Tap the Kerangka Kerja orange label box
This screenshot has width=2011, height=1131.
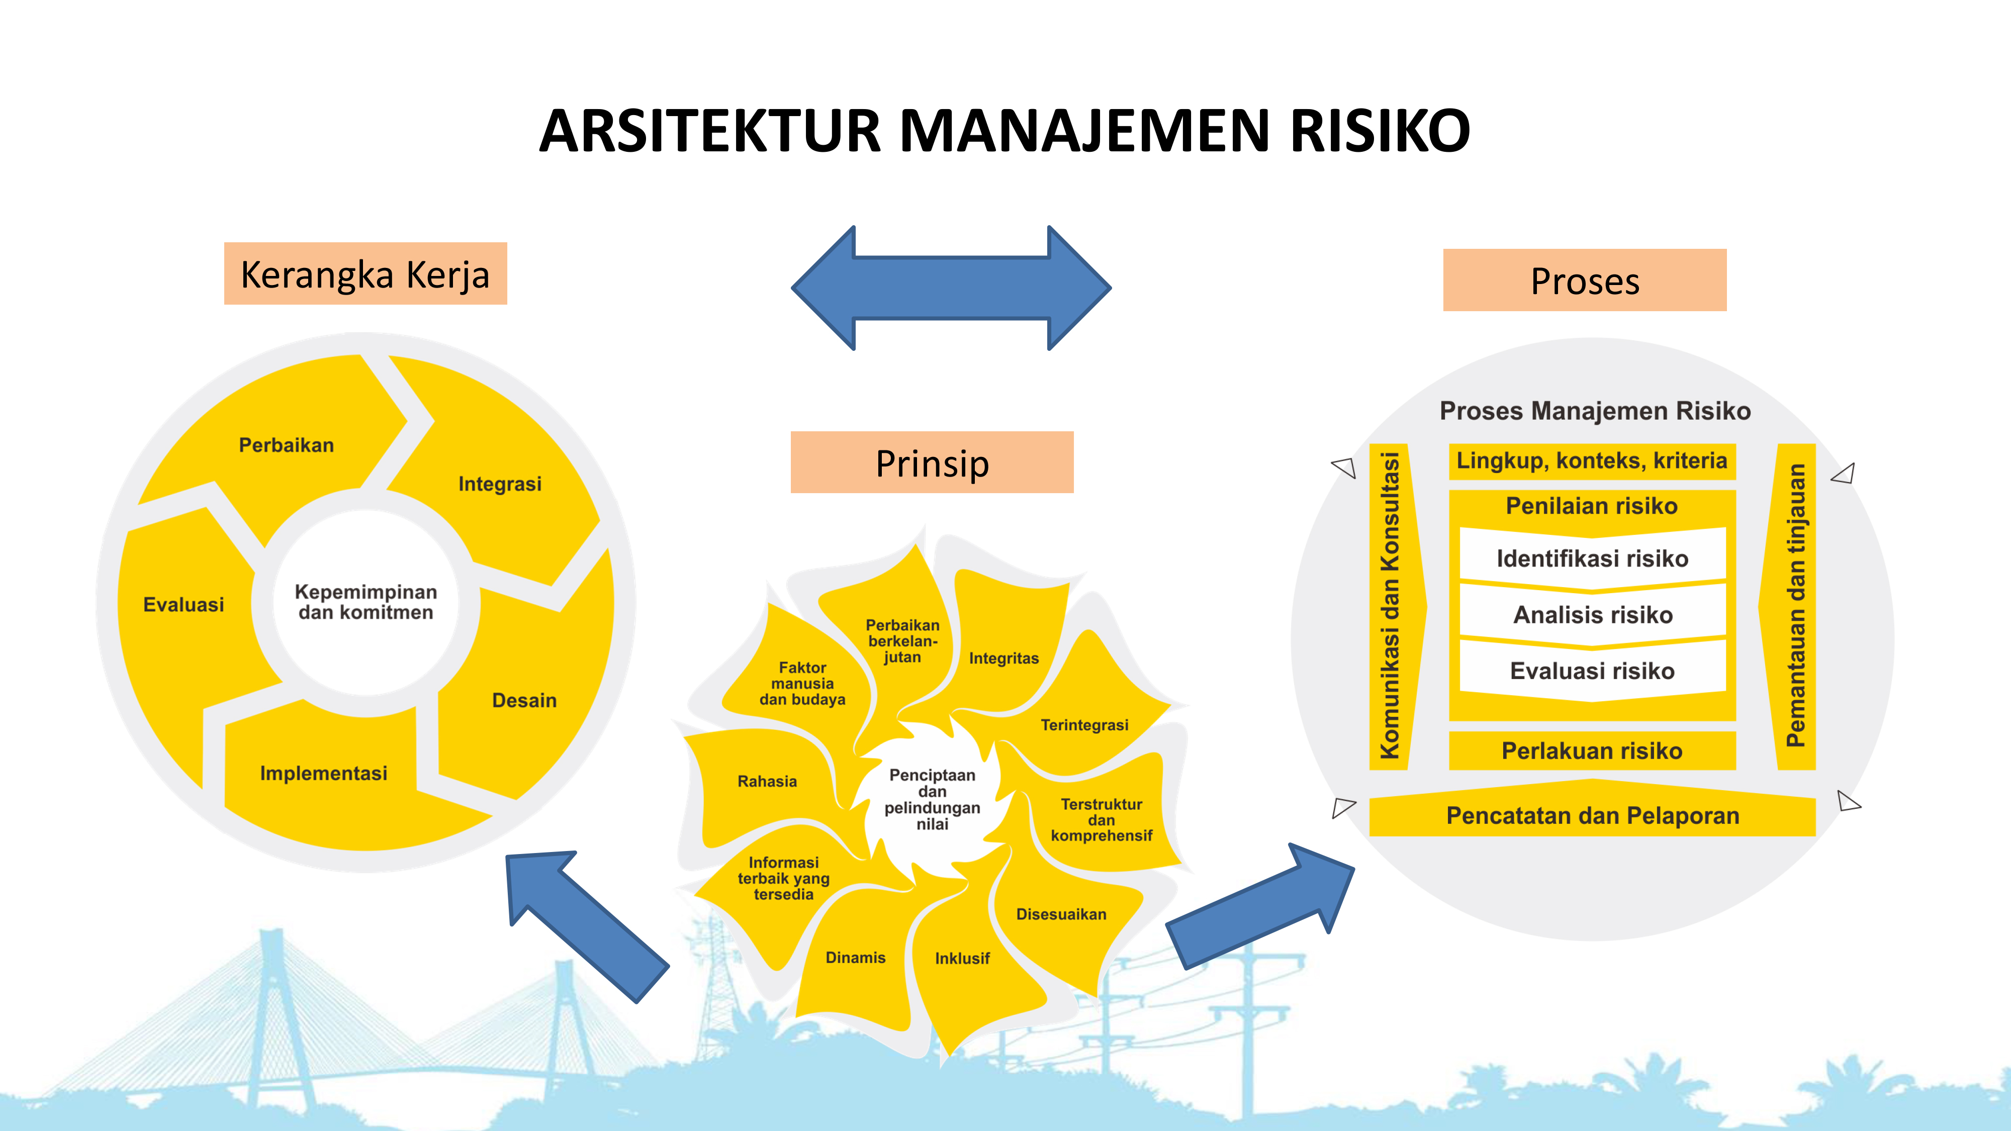tap(365, 273)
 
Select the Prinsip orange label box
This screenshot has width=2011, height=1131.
tap(932, 462)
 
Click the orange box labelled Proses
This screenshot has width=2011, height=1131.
tap(1585, 280)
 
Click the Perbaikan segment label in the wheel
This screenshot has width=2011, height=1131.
tap(287, 445)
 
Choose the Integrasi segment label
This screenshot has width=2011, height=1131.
tap(500, 484)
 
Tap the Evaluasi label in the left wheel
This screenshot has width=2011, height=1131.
tap(184, 605)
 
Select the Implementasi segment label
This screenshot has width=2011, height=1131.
tap(323, 774)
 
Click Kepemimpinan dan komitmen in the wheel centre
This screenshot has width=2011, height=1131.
tap(365, 602)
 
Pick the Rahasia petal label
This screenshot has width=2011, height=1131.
tap(767, 781)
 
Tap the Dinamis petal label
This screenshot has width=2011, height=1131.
tap(856, 958)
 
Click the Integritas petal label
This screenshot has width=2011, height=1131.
tap(1004, 658)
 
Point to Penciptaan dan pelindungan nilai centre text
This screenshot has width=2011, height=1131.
tap(932, 799)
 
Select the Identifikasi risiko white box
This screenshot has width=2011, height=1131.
tap(1593, 557)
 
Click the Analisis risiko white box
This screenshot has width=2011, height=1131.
tap(1593, 614)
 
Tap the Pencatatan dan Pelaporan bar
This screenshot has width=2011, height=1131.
tap(1593, 816)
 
